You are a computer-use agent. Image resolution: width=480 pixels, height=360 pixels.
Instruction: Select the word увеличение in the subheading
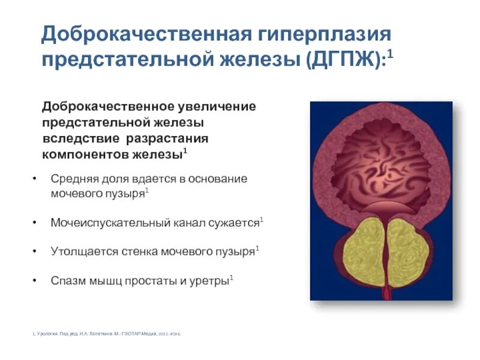point(216,106)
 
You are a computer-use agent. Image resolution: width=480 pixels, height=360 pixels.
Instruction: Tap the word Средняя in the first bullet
point(72,179)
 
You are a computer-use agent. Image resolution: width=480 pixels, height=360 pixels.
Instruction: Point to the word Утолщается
point(79,251)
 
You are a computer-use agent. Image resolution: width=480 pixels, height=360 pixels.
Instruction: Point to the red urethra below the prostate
point(385,294)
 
